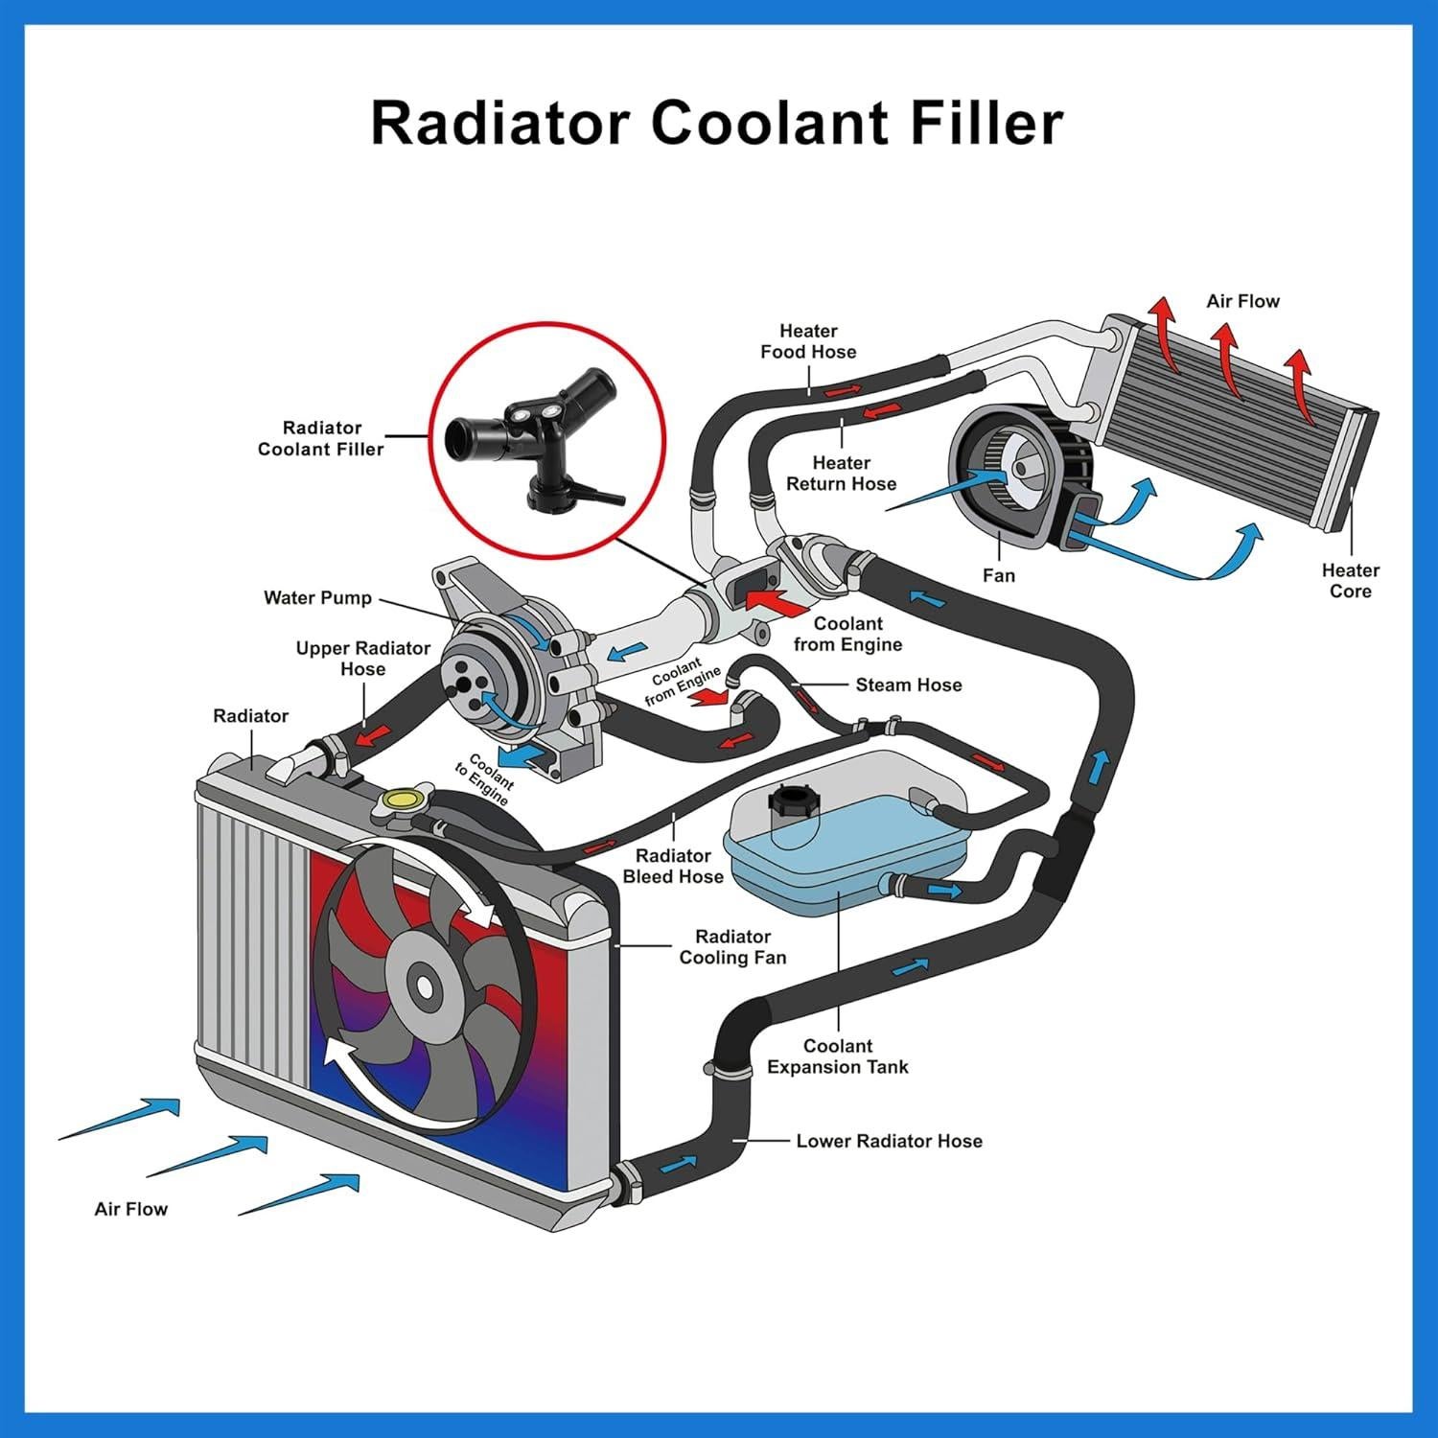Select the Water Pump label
pyautogui.click(x=317, y=598)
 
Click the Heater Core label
pyautogui.click(x=1350, y=581)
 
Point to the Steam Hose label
pyautogui.click(x=908, y=685)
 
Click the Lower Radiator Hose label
pyautogui.click(x=889, y=1141)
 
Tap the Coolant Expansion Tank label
pyautogui.click(x=837, y=1056)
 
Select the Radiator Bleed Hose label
pyautogui.click(x=673, y=866)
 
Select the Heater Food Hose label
pyautogui.click(x=808, y=341)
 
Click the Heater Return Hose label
pyautogui.click(x=841, y=474)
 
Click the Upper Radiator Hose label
pyautogui.click(x=362, y=659)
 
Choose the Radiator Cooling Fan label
pyautogui.click(x=732, y=946)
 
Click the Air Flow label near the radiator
pyautogui.click(x=131, y=1209)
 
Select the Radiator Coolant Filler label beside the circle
pyautogui.click(x=320, y=438)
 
